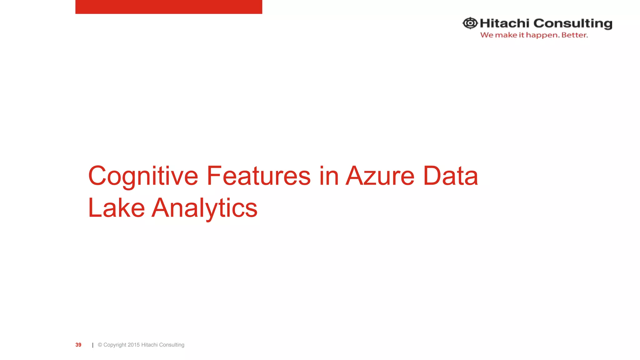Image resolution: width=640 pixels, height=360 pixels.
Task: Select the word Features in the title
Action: pos(258,176)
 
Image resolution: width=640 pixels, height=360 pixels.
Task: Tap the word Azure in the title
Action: pos(380,176)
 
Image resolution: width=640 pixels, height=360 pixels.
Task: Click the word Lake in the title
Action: pos(116,208)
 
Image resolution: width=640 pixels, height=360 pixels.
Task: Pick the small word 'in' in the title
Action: pos(328,176)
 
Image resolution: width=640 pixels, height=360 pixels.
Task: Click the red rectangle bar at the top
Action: pos(168,7)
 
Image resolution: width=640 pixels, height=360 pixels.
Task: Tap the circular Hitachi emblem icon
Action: pos(470,23)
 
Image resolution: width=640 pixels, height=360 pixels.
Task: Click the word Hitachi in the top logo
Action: pos(504,23)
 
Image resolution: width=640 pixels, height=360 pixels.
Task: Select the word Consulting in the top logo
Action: pos(572,24)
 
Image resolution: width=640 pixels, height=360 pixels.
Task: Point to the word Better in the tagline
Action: pos(574,35)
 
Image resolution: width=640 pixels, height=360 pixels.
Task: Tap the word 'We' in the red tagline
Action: pos(487,35)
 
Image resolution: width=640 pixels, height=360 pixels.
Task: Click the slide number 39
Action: pos(78,345)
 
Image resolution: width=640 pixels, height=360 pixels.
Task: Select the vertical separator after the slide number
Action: pos(93,345)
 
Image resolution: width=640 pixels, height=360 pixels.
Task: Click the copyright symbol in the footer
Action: pos(100,345)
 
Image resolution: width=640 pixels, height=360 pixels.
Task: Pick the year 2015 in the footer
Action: pos(133,345)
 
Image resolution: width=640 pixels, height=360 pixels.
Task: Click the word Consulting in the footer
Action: pos(172,345)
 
